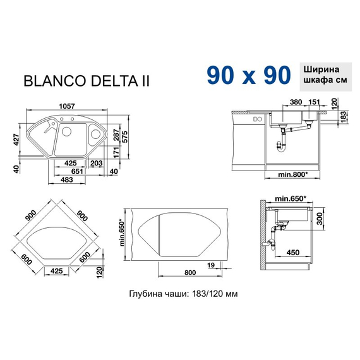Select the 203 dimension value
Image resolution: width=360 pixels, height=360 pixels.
pyautogui.click(x=97, y=163)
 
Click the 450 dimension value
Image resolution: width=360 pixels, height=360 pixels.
pyautogui.click(x=293, y=253)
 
